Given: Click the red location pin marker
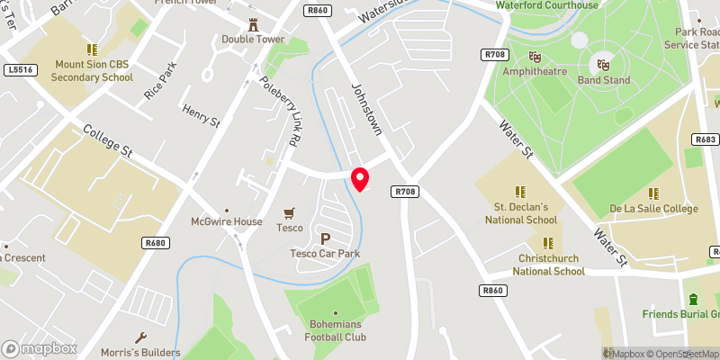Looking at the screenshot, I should [360, 178].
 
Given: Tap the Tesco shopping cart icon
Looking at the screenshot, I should [289, 213].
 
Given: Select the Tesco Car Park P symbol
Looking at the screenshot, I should [325, 238].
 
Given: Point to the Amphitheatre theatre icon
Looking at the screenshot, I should [535, 56].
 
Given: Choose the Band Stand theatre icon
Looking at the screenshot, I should [603, 65].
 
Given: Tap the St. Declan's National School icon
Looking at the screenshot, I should [520, 192].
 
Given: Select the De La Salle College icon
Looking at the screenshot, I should [654, 193].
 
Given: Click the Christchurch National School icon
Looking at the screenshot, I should [549, 243].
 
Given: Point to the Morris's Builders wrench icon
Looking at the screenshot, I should [140, 337].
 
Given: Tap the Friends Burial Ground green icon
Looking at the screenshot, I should [692, 299].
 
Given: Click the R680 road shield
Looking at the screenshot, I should [156, 242].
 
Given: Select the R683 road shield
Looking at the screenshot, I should [705, 139].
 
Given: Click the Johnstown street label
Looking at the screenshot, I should [366, 111].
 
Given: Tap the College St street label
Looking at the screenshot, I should [107, 142].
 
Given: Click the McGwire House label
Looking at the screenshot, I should [226, 221].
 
